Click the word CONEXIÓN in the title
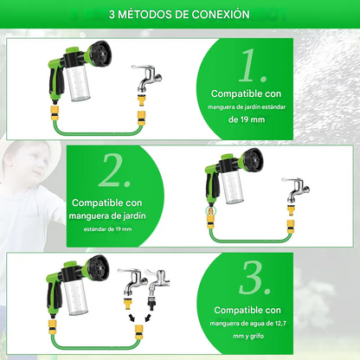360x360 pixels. pyautogui.click(x=221, y=15)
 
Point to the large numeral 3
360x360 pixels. pyautogui.click(x=254, y=278)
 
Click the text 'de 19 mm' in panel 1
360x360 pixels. pyautogui.click(x=247, y=119)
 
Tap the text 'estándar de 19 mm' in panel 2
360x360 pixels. pyautogui.click(x=107, y=229)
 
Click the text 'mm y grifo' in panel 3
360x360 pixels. pyautogui.click(x=248, y=336)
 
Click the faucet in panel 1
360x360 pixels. pyautogui.click(x=146, y=78)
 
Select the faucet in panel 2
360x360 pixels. pyautogui.click(x=297, y=190)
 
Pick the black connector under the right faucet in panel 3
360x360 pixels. pyautogui.click(x=152, y=303)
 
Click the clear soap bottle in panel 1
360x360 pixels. pyautogui.click(x=79, y=84)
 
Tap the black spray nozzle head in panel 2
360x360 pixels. pyautogui.click(x=253, y=159)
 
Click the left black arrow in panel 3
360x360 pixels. pyautogui.click(x=132, y=318)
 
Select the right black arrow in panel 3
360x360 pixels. pyautogui.click(x=148, y=318)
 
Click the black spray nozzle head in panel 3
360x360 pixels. pyautogui.click(x=99, y=267)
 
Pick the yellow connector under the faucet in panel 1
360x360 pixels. pyautogui.click(x=142, y=100)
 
